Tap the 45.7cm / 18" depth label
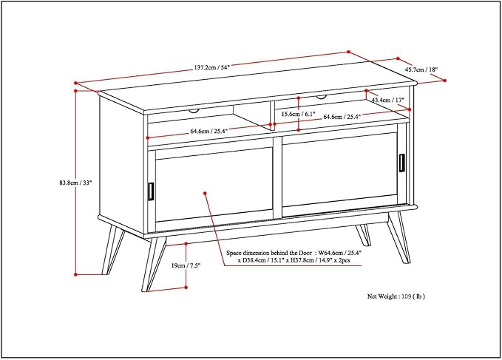(x=420, y=70)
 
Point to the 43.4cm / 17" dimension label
(x=387, y=100)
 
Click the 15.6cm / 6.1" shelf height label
(x=299, y=115)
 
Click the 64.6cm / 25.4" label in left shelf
(x=210, y=131)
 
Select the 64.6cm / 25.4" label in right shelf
(x=342, y=117)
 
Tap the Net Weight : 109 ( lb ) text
(x=396, y=296)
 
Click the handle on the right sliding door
(x=403, y=163)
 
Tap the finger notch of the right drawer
(x=321, y=96)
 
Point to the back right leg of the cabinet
(x=362, y=234)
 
